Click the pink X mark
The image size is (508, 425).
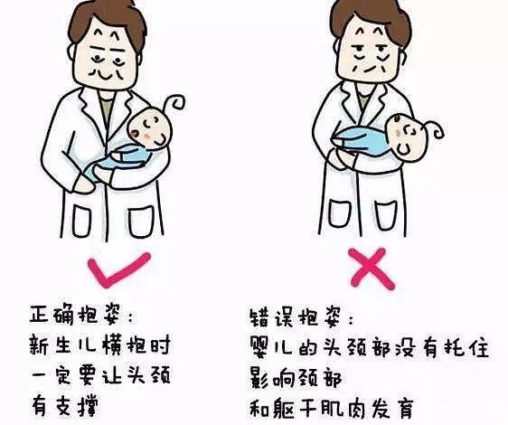coord(372,269)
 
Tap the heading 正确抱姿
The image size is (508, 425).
coord(81,315)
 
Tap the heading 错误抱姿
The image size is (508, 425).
coord(301,317)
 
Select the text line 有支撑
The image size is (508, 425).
coord(64,405)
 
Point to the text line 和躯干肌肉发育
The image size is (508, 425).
coord(332,409)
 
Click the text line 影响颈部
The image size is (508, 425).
coord(296,378)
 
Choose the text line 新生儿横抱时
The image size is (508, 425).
coord(100,345)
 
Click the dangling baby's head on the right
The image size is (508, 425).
coord(406,137)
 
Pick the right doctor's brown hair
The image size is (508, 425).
coord(370,16)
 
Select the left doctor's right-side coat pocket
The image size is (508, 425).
coord(141,222)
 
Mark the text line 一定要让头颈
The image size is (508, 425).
coord(100,375)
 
